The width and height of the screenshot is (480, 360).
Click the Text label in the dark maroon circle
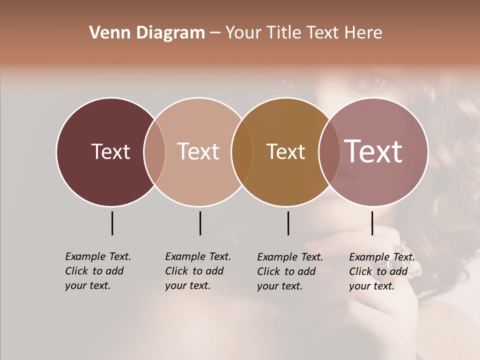coord(110,151)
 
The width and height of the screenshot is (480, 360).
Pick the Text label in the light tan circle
coord(198,151)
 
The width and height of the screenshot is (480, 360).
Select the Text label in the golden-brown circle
coord(285,151)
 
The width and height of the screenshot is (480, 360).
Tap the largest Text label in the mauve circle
coord(373,151)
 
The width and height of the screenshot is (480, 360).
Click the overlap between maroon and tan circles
coord(154,151)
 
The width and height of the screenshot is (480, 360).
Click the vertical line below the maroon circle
coord(112,223)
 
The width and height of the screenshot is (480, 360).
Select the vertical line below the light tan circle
coord(200,223)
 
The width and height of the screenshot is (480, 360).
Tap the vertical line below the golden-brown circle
coord(288,223)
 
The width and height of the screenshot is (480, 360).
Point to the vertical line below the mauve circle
coord(372,223)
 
